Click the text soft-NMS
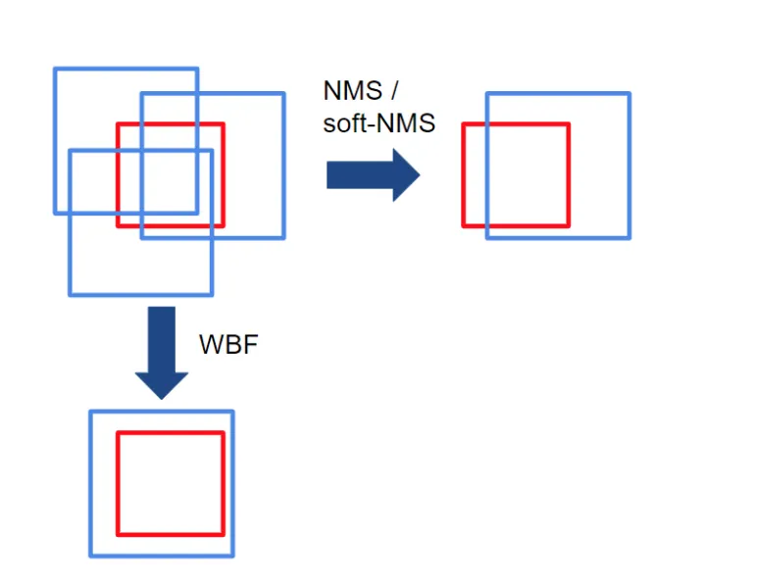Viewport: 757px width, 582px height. pyautogui.click(x=378, y=124)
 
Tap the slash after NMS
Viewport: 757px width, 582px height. pyautogui.click(x=394, y=91)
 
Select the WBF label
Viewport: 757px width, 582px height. pyautogui.click(x=227, y=345)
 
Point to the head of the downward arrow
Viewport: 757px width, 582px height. pyautogui.click(x=160, y=384)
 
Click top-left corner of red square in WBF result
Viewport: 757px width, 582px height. pyautogui.click(x=119, y=432)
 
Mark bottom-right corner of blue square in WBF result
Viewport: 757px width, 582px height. pyautogui.click(x=232, y=556)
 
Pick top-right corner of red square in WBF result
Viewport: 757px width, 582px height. pyautogui.click(x=223, y=432)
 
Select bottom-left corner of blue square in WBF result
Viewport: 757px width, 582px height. pyautogui.click(x=91, y=556)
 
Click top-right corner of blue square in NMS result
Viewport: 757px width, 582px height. pyautogui.click(x=629, y=94)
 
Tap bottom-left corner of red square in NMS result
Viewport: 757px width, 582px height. pyautogui.click(x=464, y=226)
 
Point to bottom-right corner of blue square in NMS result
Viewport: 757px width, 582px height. pyautogui.click(x=629, y=237)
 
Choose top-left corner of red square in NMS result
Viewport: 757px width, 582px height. pyautogui.click(x=464, y=124)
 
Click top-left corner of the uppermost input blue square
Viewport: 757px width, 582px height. pyautogui.click(x=55, y=69)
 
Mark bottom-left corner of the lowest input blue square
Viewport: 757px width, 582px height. pyautogui.click(x=70, y=294)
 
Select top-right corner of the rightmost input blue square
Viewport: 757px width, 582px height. pyautogui.click(x=283, y=94)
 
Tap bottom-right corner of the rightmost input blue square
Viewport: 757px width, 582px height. pyautogui.click(x=283, y=237)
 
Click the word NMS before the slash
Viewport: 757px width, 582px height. pyautogui.click(x=353, y=91)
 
